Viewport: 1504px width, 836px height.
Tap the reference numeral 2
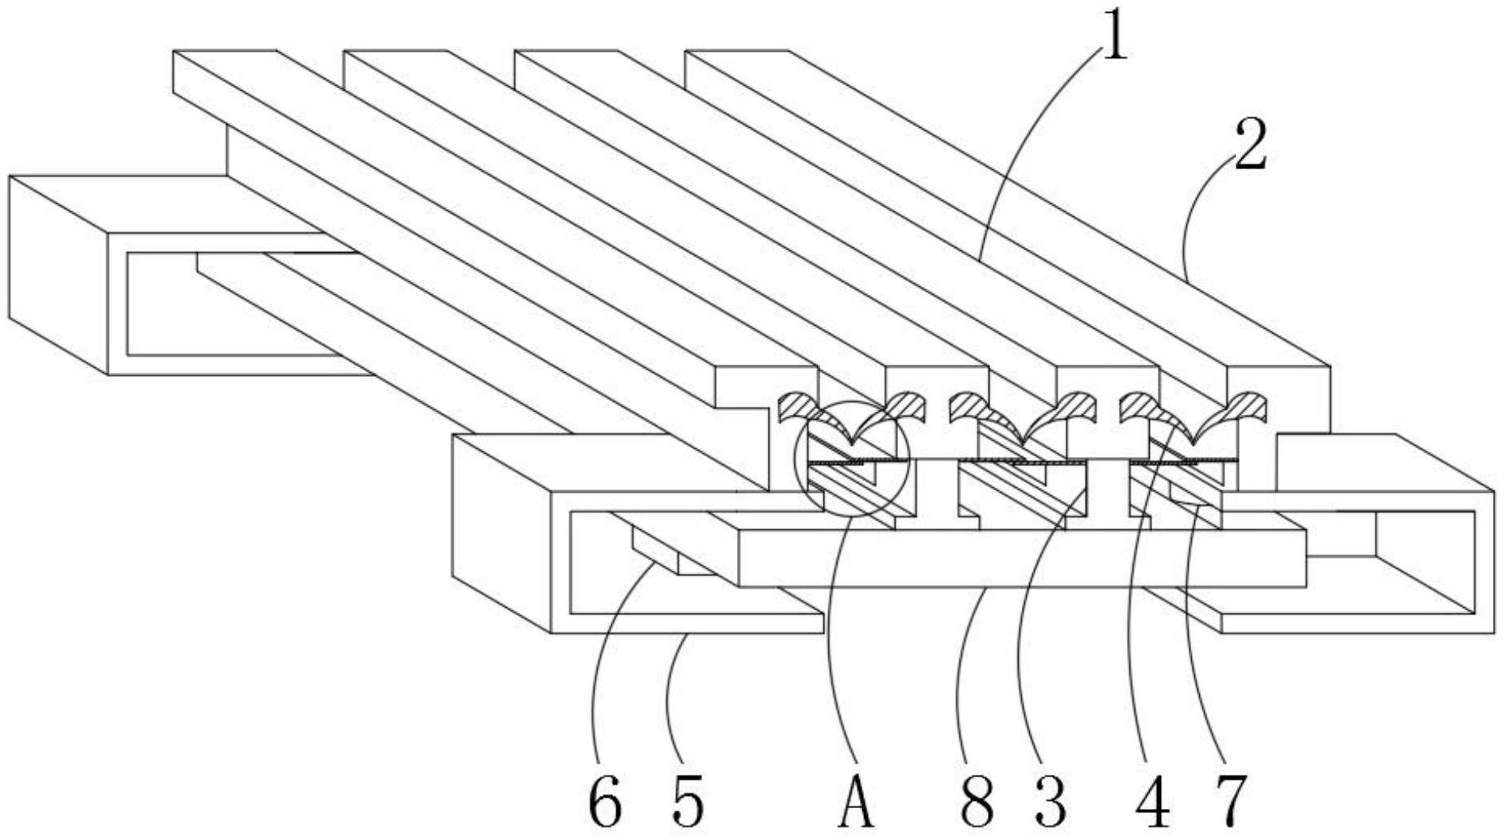[x=1251, y=145]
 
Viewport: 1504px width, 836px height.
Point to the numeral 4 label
[x=1152, y=800]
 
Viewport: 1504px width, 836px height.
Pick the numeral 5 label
[x=686, y=800]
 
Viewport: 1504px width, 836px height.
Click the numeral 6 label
[x=604, y=800]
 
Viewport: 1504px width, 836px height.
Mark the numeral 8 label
[x=976, y=800]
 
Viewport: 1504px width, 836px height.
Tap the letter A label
[x=857, y=800]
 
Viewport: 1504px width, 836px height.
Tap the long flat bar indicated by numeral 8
[x=1022, y=559]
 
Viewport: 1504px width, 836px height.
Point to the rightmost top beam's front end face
[x=1278, y=405]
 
